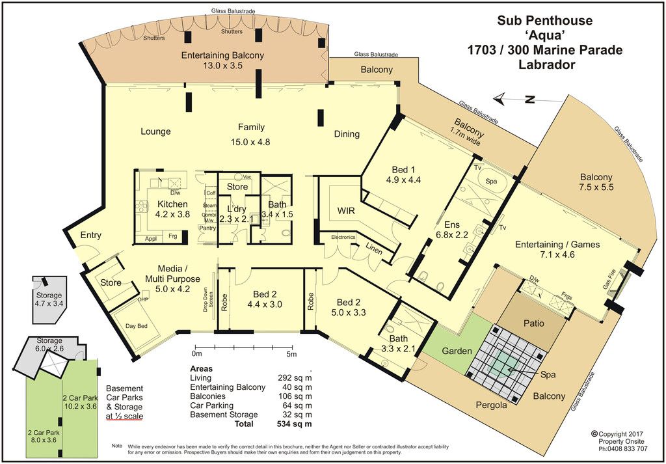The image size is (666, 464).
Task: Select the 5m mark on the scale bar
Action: coord(291,353)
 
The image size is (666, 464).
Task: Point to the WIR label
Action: coord(346,211)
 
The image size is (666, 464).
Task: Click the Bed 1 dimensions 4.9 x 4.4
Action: coord(403,180)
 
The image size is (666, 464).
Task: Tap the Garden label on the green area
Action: coord(457,351)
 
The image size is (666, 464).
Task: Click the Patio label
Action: coord(533,323)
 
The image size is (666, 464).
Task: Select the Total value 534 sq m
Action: coord(294,424)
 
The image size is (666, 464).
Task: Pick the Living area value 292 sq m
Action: coord(297,377)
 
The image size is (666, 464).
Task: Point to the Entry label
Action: coord(90,235)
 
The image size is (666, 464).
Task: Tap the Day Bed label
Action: coord(137,326)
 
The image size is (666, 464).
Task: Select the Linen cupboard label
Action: coord(374,251)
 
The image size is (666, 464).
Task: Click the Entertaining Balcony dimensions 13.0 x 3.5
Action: coord(223,66)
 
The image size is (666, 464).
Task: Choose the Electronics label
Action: coord(343,237)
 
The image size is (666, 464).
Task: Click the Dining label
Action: coord(347,134)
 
